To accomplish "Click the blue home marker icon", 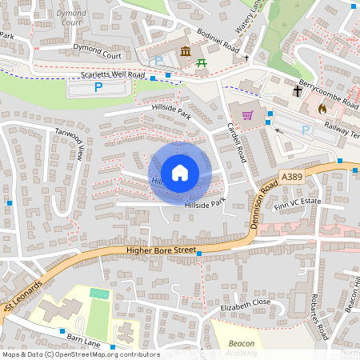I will tap(180, 172).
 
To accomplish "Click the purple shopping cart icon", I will tap(247, 114).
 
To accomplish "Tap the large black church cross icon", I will tap(297, 91).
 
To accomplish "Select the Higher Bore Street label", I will tap(161, 250).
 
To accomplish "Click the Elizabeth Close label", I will tap(246, 306).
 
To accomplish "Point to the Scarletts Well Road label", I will tap(113, 75).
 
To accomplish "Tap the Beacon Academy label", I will tap(242, 348).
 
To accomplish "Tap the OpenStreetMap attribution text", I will tap(80, 354).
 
